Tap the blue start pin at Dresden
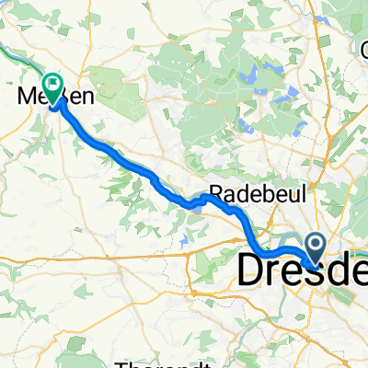314,245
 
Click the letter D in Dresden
254,269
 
